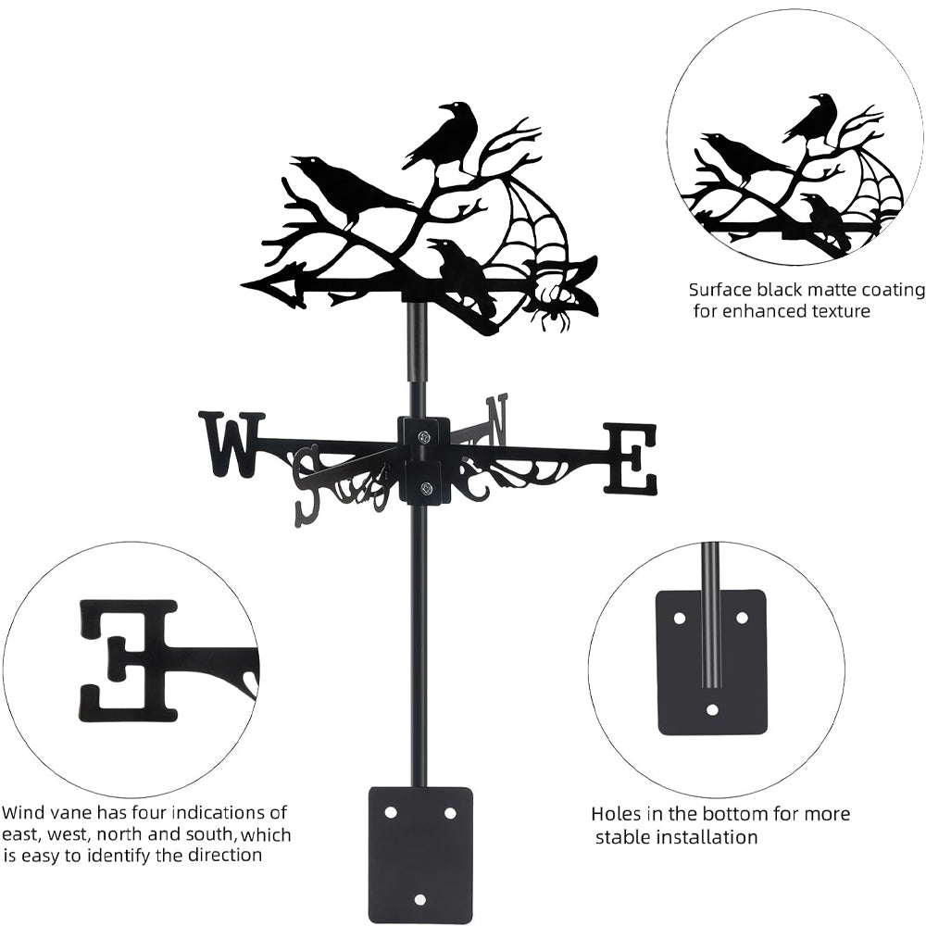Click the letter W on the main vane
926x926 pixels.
tap(230, 444)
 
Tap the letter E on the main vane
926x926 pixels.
tap(632, 458)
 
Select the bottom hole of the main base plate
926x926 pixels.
tap(419, 899)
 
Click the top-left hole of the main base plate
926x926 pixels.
tap(391, 812)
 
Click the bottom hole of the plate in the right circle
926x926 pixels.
tap(711, 710)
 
